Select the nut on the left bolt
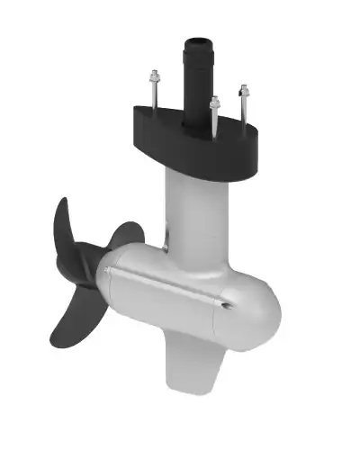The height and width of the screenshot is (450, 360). click(x=154, y=77)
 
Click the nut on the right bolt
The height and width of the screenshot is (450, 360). click(x=243, y=90)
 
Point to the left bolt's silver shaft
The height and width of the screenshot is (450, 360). click(x=154, y=95)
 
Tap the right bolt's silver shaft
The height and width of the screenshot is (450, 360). click(x=243, y=106)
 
